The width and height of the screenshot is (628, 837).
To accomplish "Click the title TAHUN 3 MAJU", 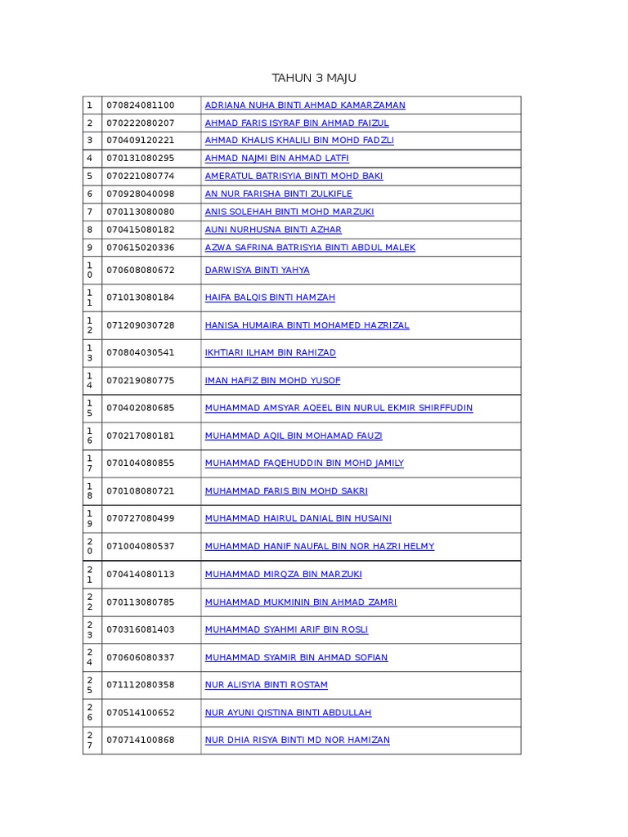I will click(314, 78).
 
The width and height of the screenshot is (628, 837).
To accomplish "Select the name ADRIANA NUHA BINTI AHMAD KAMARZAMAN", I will click(305, 105).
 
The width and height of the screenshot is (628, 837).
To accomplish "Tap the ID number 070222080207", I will click(140, 123).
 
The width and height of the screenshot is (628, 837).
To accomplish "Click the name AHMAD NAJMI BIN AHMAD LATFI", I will click(276, 159).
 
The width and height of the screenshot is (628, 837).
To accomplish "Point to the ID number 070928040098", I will click(140, 195).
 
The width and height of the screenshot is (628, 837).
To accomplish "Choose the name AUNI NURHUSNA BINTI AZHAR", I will click(273, 231).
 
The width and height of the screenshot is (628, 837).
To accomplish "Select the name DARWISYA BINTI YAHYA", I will click(257, 271).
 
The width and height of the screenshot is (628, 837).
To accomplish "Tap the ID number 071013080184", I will click(140, 298).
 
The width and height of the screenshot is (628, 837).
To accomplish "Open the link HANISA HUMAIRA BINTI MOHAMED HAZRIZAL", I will click(307, 325).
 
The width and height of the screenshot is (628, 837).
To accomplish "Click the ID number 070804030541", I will click(140, 353).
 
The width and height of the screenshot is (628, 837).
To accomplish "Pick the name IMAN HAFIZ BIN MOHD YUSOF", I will click(272, 381).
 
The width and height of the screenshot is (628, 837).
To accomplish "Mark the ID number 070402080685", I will click(140, 408).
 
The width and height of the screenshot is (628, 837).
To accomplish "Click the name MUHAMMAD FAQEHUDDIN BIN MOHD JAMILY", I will click(304, 463).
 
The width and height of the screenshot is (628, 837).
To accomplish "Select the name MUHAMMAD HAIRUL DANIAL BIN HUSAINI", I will click(298, 518).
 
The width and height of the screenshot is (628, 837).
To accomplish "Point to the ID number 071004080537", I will click(140, 546).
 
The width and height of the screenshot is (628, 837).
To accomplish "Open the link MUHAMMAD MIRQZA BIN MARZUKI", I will click(283, 575).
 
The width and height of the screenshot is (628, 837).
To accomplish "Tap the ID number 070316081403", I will click(140, 629).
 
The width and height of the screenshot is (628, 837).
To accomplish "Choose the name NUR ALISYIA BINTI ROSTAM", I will click(266, 685).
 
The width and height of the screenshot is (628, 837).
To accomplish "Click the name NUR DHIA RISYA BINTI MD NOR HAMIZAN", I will click(297, 741).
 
